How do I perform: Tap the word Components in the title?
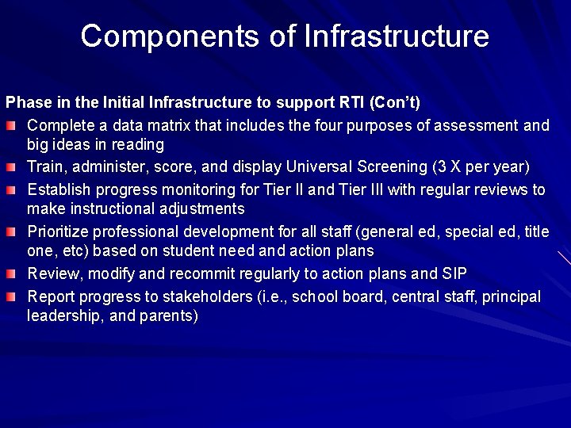pyautogui.click(x=189, y=36)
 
